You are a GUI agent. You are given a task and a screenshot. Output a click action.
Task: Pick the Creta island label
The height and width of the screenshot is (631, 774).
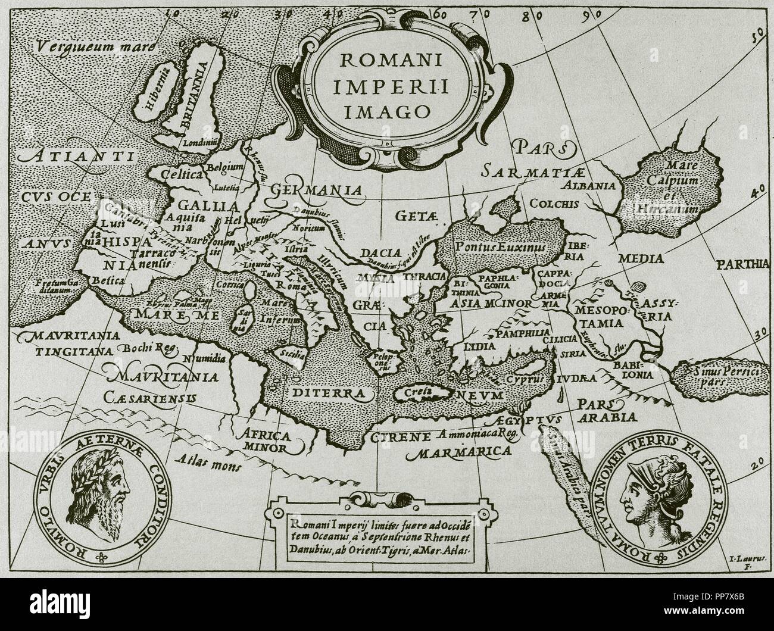(x=417, y=393)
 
